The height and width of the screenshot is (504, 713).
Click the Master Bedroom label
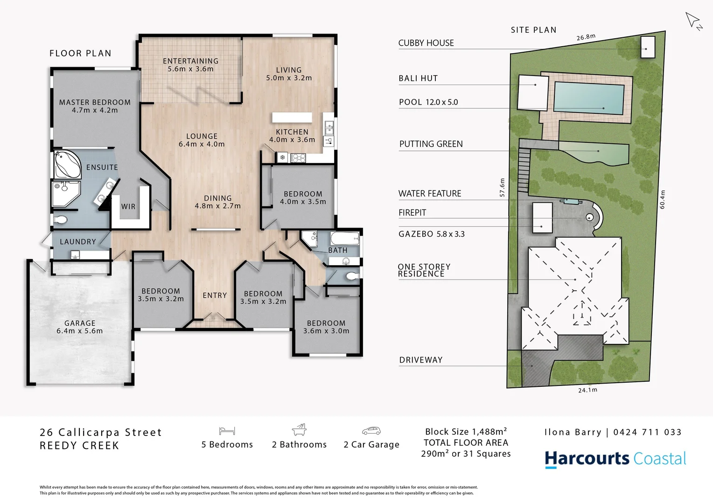95,102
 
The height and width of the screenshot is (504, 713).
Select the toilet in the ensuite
60,219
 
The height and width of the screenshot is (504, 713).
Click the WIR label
128,206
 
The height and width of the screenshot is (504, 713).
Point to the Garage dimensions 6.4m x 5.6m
79,331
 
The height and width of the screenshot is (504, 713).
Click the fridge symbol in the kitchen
282,158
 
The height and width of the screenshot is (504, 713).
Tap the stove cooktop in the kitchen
298,158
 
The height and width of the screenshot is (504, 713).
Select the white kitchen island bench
293,117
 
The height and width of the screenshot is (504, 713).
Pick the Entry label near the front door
215,295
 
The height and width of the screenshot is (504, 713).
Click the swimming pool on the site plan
589,99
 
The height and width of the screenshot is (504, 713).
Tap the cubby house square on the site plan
648,47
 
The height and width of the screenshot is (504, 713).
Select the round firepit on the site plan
590,217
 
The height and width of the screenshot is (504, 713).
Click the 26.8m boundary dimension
586,37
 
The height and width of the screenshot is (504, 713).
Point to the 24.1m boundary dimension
587,390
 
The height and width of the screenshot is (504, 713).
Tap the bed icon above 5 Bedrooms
227,431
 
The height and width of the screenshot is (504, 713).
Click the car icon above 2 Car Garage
371,431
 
